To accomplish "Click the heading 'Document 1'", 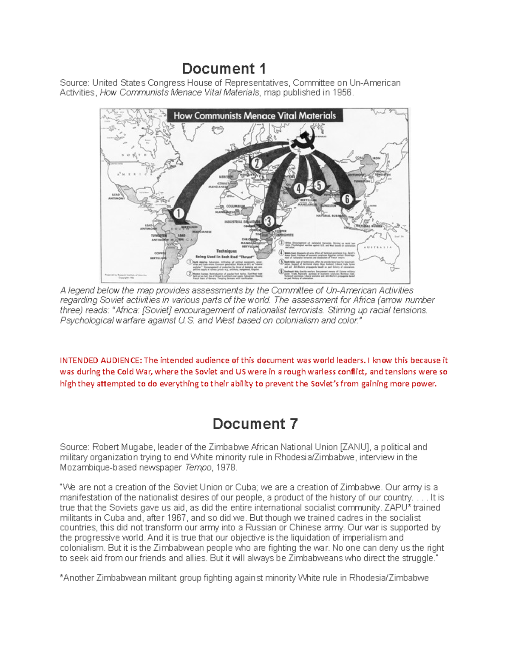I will tap(224, 68).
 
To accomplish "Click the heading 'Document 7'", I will tap(255, 424).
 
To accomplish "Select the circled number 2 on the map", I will tap(257, 163).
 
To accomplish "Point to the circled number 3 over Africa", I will tap(268, 221).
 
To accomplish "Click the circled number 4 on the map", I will tap(299, 189).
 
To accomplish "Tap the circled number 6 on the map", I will tap(347, 199).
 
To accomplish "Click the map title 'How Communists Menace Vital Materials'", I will tap(255, 116).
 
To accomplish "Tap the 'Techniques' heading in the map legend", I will tap(226, 251).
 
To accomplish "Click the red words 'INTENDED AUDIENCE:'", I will tap(101, 360).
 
